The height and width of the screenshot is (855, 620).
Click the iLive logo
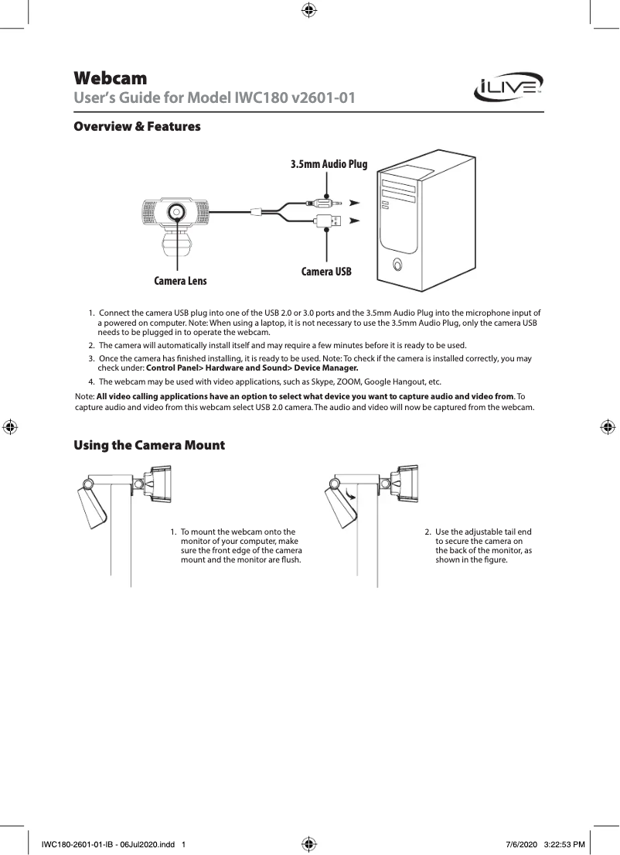tap(509, 87)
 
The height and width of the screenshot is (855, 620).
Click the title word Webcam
tap(110, 79)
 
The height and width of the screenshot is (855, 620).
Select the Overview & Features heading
tap(137, 126)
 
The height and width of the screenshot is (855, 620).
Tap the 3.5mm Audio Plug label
tap(329, 164)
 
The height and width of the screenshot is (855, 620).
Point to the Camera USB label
tap(326, 272)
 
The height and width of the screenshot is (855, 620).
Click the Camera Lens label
tap(180, 280)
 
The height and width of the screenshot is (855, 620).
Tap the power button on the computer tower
tap(397, 264)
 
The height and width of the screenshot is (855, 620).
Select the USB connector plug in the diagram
tap(325, 221)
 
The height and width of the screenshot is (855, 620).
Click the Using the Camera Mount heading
tap(148, 446)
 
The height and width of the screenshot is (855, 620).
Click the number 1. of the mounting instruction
tap(174, 532)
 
